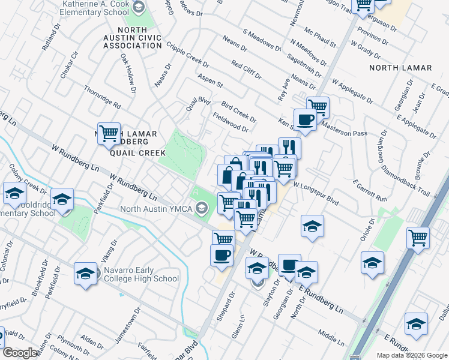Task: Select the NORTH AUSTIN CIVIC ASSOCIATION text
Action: tap(132, 37)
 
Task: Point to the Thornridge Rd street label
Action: tap(102, 97)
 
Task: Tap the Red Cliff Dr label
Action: tap(246, 70)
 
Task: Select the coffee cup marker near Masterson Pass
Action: tap(305, 119)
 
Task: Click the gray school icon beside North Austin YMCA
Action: tap(202, 209)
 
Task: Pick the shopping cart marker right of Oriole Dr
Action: tap(418, 237)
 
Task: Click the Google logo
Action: tap(20, 353)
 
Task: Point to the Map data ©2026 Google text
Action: tap(412, 355)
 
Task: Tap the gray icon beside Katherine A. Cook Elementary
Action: tap(139, 8)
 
